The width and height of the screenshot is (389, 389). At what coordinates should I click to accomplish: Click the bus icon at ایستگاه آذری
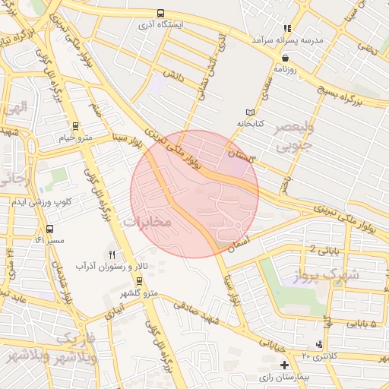160,13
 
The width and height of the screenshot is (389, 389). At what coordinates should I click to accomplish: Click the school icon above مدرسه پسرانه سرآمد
286,27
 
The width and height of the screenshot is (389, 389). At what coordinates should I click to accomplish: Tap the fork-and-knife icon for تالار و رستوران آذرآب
112,254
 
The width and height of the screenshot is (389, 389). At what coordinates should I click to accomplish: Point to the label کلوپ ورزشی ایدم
49,201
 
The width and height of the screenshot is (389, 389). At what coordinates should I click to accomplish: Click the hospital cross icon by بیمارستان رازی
283,365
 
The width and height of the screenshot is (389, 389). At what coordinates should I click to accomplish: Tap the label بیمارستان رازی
283,377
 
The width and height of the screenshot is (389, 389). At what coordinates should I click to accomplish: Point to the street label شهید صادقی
196,312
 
